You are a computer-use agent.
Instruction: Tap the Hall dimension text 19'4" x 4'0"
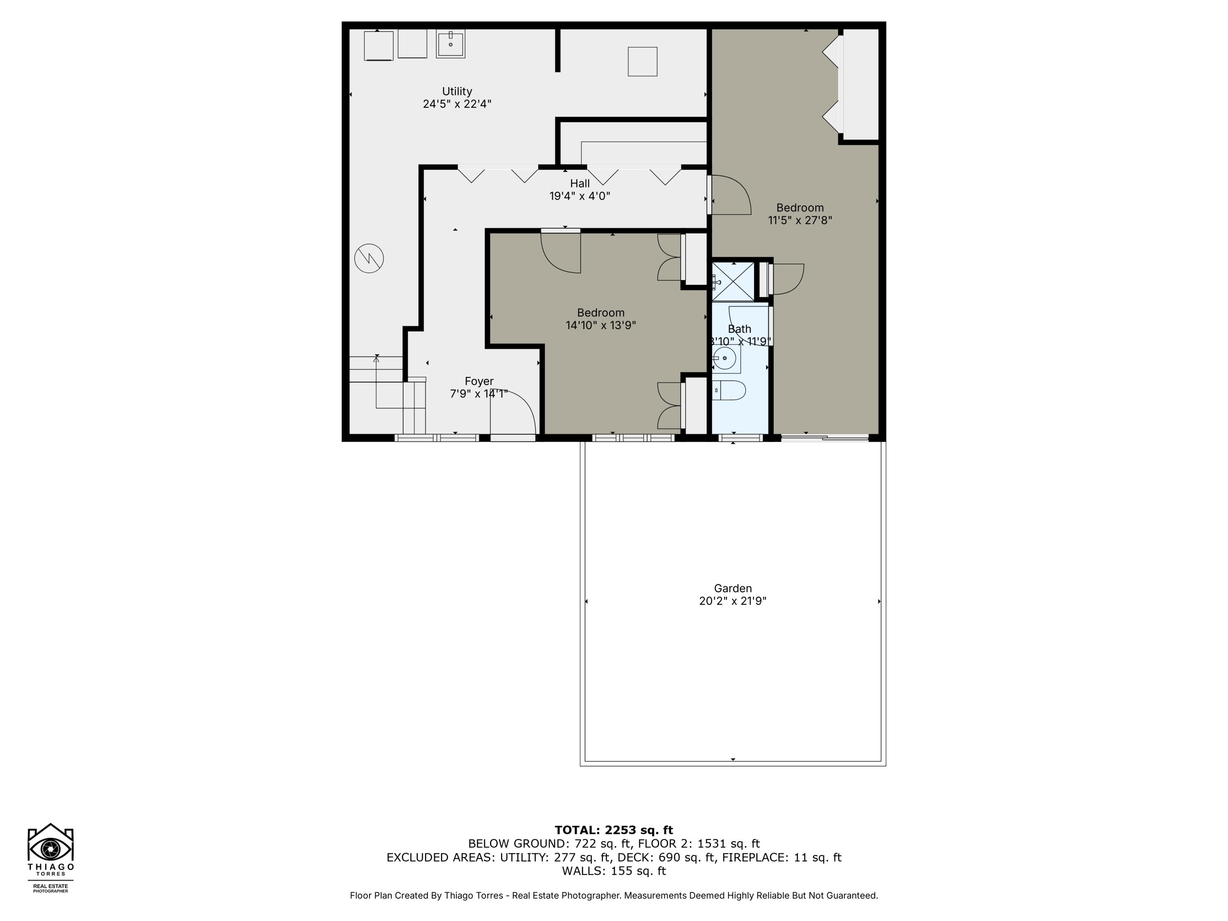580,196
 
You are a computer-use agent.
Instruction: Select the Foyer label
479,381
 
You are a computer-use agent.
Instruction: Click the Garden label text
733,589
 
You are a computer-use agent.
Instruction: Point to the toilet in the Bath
729,390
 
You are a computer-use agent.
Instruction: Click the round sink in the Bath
725,359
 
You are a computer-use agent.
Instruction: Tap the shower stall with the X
733,282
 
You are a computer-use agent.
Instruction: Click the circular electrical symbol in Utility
369,259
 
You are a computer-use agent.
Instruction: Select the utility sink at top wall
450,44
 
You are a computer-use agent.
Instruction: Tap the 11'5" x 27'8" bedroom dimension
800,220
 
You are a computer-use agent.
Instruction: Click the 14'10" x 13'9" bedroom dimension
600,325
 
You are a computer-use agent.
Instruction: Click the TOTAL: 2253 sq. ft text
614,830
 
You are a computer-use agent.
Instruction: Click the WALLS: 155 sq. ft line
614,871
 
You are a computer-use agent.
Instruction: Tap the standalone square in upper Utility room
642,62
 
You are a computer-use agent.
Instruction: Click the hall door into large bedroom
730,195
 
